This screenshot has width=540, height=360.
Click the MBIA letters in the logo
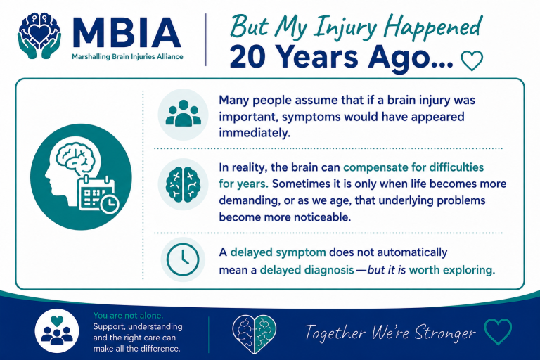point(127,32)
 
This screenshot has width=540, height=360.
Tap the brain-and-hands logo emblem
point(39,35)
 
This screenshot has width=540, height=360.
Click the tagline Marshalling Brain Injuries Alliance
point(127,57)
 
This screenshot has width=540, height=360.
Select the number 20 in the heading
point(247,56)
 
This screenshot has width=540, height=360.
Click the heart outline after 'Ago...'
point(472,60)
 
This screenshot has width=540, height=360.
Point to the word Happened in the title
point(433,27)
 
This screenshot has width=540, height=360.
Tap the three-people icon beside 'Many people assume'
point(184,115)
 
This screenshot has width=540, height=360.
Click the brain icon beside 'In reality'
point(183,184)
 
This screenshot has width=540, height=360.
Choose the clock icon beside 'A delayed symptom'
point(183,259)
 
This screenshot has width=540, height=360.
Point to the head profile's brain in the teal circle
point(75,157)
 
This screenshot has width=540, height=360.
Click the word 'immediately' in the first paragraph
point(255,133)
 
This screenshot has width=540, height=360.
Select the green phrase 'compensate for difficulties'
point(413,167)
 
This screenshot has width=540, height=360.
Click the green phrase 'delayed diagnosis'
point(307,270)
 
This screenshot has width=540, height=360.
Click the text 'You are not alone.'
point(128,315)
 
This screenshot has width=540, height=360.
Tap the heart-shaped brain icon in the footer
point(255,334)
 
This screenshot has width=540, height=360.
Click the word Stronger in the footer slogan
point(445,333)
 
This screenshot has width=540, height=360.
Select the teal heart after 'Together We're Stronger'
point(498,331)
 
